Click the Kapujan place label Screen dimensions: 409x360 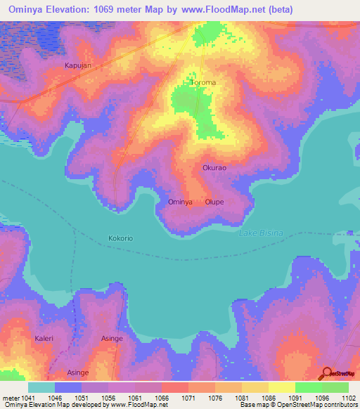tap(78, 65)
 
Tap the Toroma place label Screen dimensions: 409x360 tap(203, 82)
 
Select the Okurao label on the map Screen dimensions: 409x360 tap(214, 168)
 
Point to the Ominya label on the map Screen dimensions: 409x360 tap(181, 202)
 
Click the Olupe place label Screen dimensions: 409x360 tap(214, 202)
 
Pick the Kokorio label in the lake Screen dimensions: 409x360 tap(121, 238)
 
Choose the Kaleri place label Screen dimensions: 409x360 tap(44, 338)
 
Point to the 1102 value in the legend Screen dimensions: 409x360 tap(347, 398)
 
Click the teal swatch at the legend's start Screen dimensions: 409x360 tap(41, 387)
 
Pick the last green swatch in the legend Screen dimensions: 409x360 tap(335, 387)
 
